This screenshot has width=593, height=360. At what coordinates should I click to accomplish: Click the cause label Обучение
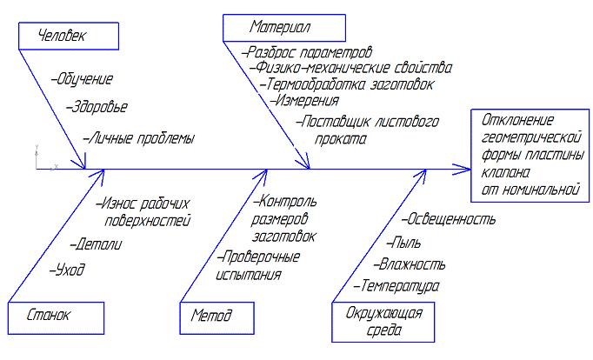83,80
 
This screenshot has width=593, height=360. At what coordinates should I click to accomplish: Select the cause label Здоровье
97,108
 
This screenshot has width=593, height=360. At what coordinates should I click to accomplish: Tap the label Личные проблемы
139,137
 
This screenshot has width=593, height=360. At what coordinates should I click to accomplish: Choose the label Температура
396,285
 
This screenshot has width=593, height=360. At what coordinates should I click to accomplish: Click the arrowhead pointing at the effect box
457,168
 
